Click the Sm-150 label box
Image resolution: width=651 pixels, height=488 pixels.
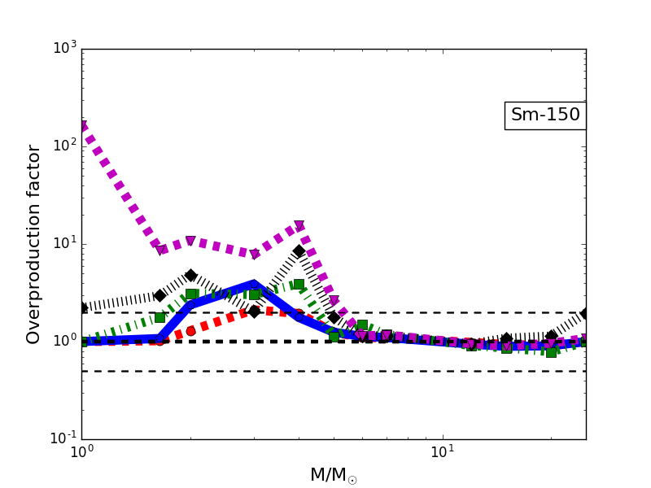[545, 115]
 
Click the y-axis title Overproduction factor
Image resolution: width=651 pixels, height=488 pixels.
[34, 244]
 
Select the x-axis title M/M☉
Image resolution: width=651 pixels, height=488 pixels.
[334, 475]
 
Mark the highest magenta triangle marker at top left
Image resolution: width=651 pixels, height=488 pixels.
[82, 127]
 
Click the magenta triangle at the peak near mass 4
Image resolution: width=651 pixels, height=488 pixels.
[299, 226]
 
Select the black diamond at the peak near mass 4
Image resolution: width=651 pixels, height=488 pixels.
[299, 251]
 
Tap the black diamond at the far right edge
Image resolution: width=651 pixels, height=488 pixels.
[585, 313]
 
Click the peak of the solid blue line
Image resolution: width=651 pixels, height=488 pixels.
[254, 284]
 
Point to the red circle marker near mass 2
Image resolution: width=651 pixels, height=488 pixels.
[190, 331]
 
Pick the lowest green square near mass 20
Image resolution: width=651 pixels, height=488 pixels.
[551, 352]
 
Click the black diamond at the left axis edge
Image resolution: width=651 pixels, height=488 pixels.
[82, 307]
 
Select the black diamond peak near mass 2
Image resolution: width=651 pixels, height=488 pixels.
[190, 275]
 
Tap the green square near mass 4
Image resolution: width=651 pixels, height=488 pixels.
[299, 284]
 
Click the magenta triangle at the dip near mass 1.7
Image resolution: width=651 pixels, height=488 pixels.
[160, 250]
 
